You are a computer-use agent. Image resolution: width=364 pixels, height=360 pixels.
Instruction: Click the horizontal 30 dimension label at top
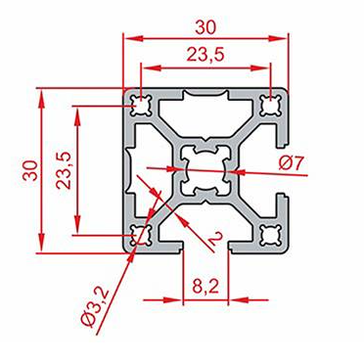coord(205,27)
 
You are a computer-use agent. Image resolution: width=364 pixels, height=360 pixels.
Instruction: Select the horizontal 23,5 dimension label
coord(205,54)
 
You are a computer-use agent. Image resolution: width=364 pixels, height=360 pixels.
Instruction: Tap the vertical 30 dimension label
coord(32,170)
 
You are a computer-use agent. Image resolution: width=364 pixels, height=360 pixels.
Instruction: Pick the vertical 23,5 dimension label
coord(64,170)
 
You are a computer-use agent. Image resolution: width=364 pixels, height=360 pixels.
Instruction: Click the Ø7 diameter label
coord(292,162)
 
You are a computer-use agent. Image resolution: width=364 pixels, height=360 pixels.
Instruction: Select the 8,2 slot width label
coord(205,287)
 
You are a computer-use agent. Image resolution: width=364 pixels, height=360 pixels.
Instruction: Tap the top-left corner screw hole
coord(141,106)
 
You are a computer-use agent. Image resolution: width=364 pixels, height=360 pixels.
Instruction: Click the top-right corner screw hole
coord(271,106)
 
